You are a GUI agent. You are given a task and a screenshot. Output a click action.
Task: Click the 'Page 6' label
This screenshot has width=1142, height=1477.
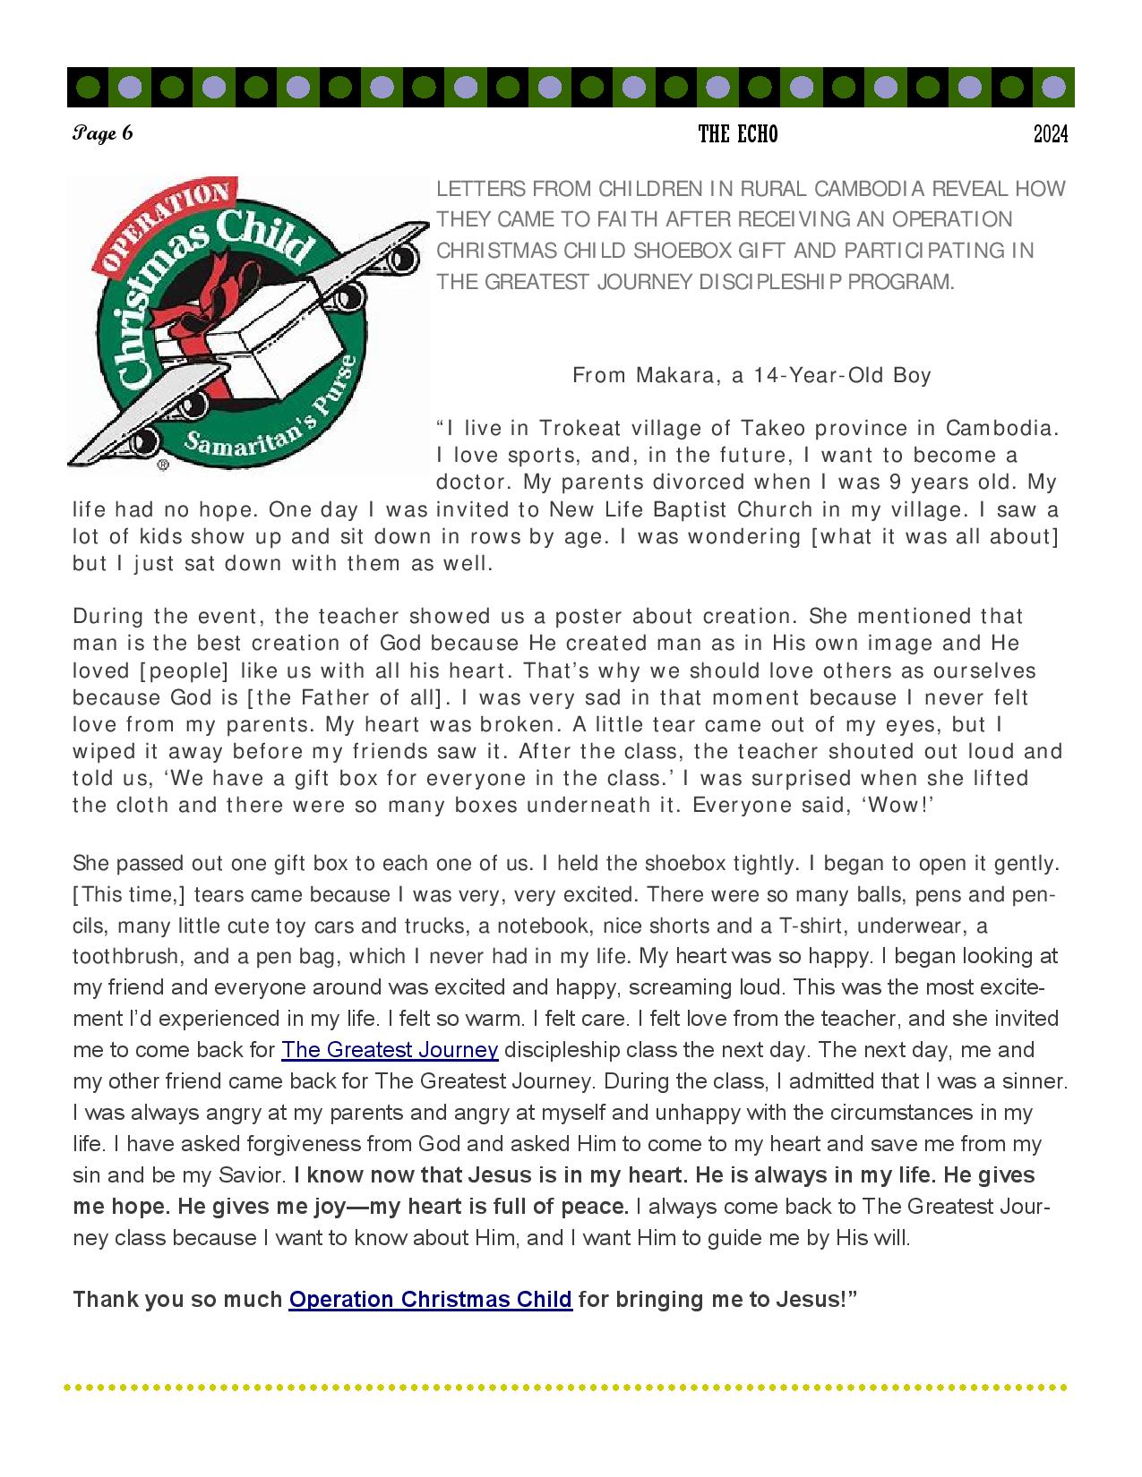point(103,134)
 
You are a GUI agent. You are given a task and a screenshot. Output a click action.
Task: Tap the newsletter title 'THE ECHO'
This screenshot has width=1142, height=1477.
point(738,134)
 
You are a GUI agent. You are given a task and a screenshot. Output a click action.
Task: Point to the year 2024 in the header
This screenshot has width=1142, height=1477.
point(1051,134)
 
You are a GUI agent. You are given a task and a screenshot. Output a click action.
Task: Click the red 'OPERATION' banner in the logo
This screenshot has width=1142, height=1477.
point(161,224)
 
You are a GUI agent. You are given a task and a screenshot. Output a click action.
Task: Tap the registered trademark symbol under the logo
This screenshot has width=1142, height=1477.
point(163,465)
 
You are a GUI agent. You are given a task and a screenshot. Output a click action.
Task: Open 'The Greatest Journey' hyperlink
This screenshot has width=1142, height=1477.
point(390,1050)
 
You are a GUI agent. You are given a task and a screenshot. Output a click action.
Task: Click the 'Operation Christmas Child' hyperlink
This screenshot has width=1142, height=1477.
point(430,1299)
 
